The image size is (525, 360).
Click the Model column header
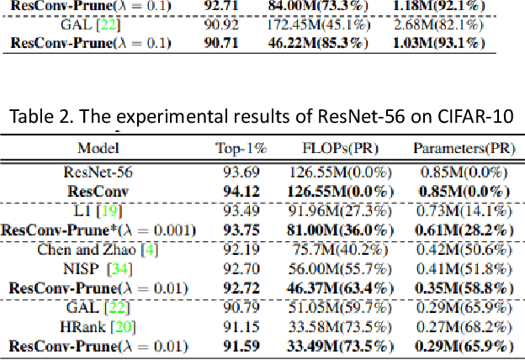tap(98, 148)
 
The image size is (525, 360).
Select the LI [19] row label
tap(99, 209)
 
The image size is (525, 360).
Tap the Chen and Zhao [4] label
tap(99, 248)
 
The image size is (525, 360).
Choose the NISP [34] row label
tap(99, 267)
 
